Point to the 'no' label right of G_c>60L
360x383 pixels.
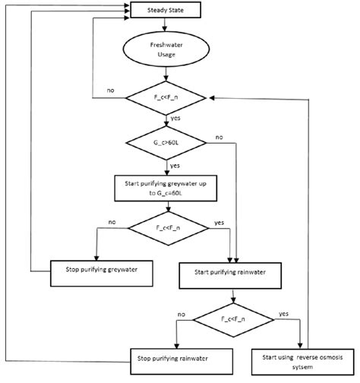coord(219,138)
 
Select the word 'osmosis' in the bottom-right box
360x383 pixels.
coord(319,353)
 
